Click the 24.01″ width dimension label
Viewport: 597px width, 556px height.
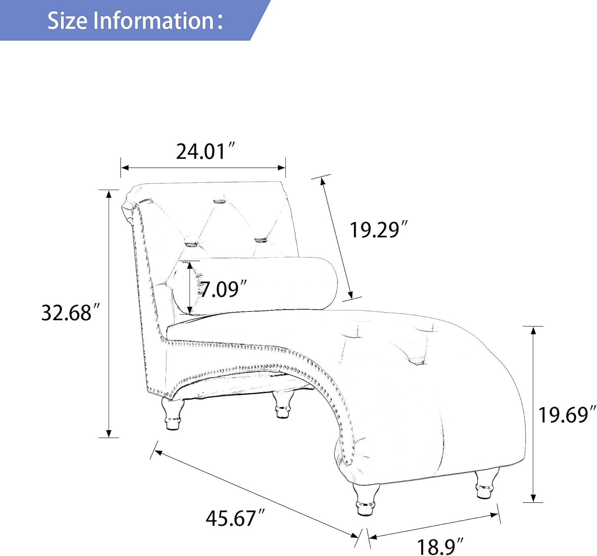206,151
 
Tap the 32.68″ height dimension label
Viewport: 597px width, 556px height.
67,313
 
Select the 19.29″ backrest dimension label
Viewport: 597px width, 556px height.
378,230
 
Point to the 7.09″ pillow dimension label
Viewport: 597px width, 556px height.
223,289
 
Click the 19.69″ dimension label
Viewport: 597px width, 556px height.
567,415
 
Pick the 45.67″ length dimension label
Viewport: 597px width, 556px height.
235,518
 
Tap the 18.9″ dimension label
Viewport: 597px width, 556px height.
440,546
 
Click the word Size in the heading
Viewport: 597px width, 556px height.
67,20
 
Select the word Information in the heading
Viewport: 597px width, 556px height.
154,20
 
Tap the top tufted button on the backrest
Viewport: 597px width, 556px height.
219,201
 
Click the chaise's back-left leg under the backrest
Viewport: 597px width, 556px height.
173,415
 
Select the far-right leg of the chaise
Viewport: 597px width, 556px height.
486,484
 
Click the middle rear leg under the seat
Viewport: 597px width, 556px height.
283,405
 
